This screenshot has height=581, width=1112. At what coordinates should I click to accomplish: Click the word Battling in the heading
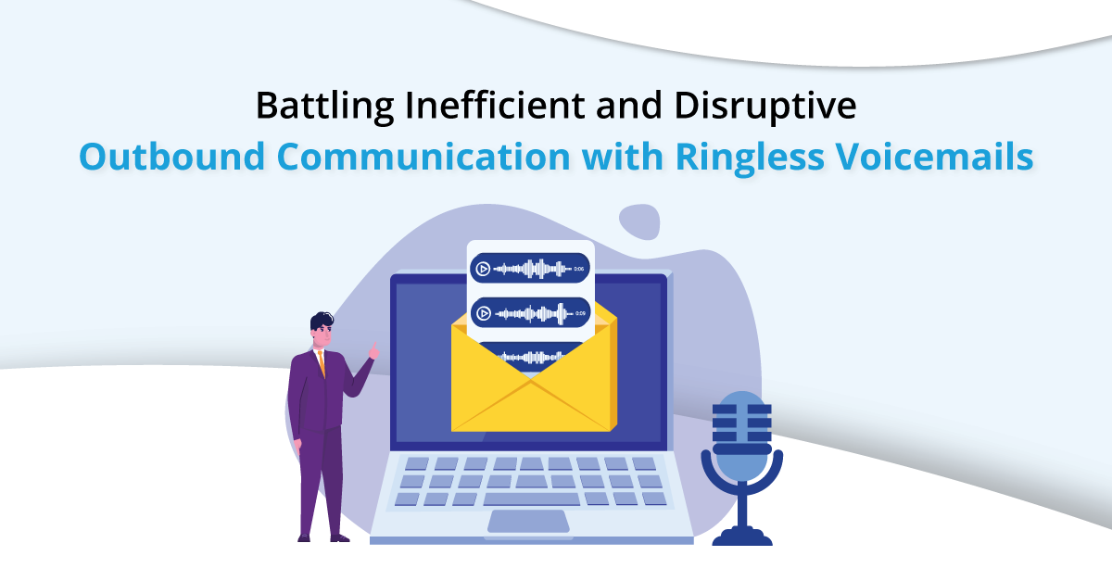324,106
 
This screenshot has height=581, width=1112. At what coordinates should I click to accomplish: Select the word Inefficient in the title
495,105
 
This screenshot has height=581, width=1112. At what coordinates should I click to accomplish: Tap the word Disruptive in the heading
765,106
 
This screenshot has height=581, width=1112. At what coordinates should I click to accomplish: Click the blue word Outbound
171,157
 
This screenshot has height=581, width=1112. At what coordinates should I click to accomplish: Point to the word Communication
423,157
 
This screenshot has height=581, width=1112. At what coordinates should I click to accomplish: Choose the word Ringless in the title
750,158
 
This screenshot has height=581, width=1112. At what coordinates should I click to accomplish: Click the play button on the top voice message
483,269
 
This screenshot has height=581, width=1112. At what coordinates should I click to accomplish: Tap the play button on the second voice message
484,313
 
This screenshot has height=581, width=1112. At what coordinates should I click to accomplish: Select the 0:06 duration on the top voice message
579,269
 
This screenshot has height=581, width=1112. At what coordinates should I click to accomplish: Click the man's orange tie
322,363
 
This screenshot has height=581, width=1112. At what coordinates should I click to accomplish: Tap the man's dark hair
322,321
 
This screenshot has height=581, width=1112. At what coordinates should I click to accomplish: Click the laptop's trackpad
528,522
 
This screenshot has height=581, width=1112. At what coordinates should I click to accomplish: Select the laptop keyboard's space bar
531,499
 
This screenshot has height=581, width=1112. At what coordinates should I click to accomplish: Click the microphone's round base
742,537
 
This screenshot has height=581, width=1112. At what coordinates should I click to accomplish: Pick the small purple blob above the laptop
639,221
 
